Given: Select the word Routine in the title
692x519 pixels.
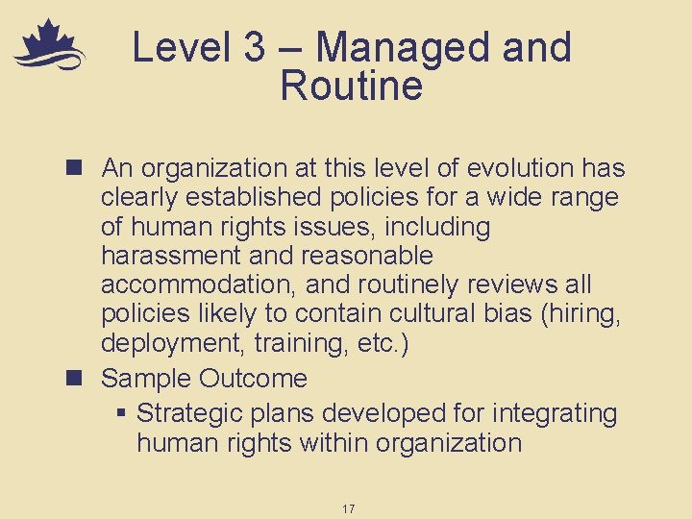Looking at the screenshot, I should click(x=351, y=86).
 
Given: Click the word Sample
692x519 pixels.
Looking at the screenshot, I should click(x=143, y=379).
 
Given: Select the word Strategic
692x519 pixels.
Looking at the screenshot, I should click(x=189, y=414).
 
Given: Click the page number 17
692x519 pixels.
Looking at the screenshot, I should click(x=347, y=508).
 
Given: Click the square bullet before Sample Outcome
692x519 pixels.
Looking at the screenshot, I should click(x=80, y=379).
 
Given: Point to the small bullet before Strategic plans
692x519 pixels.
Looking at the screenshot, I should click(x=121, y=414).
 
